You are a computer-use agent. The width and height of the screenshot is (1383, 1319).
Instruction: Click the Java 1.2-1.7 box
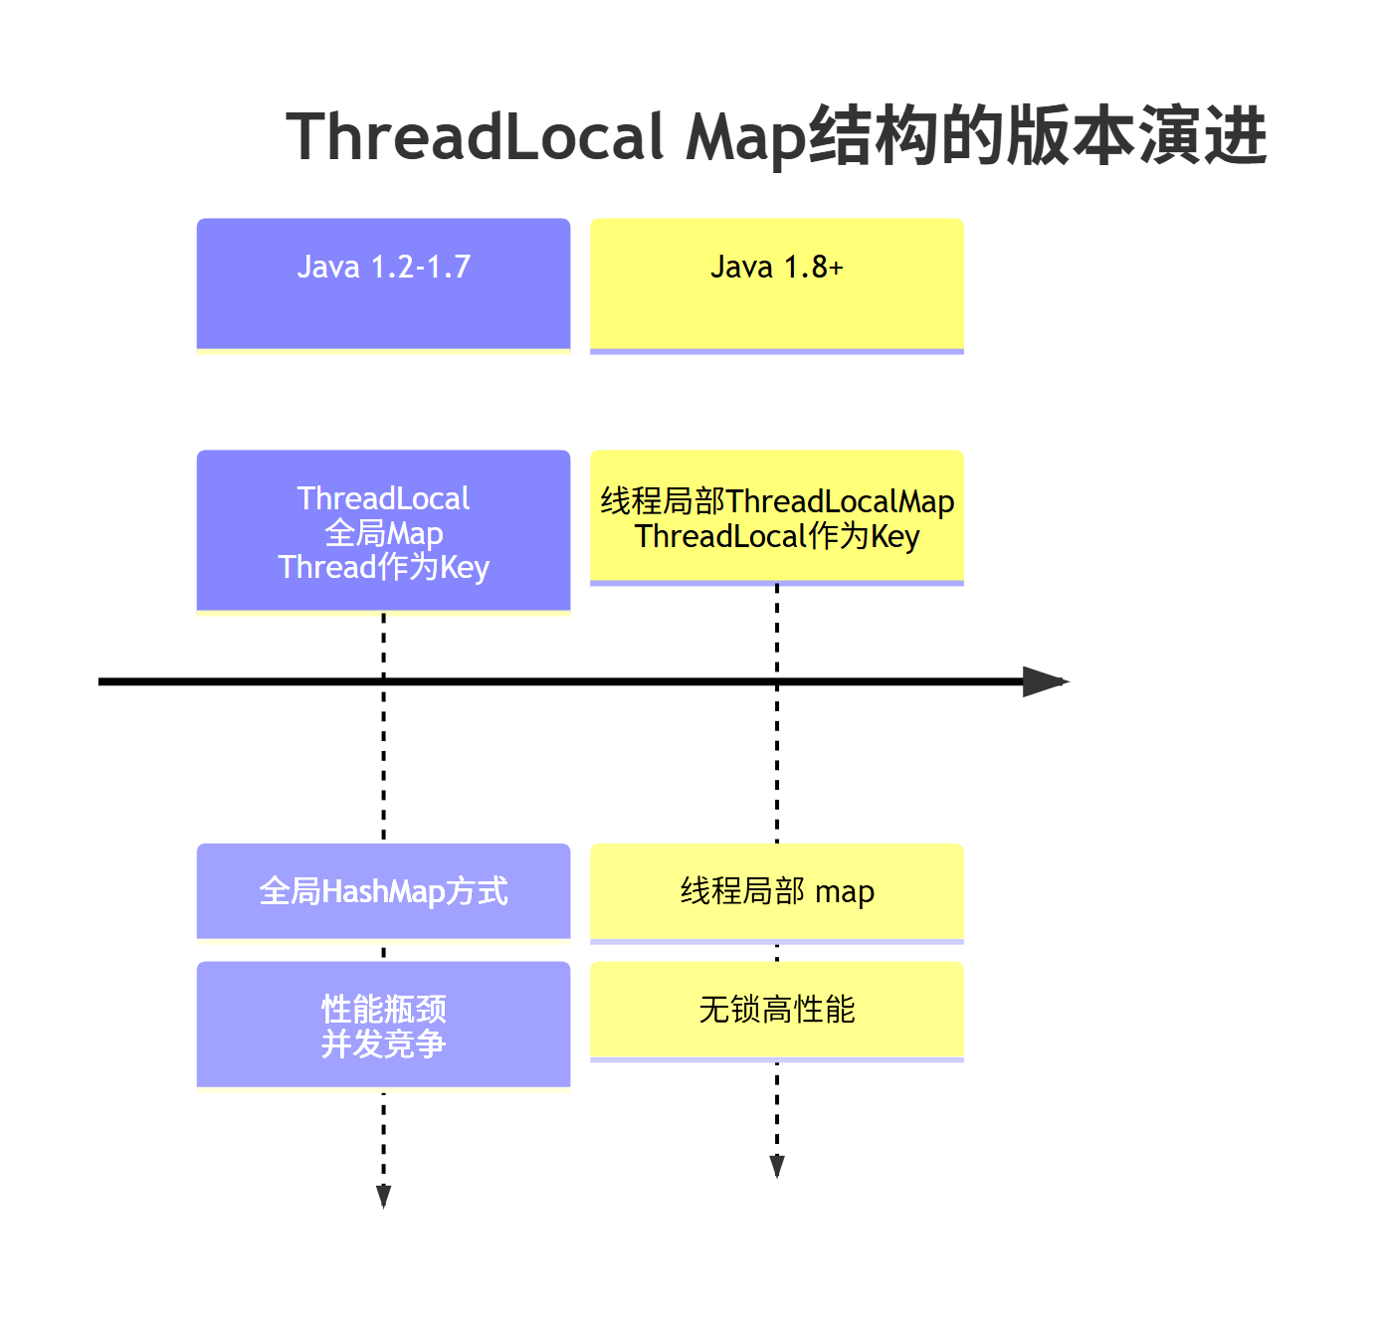click(x=383, y=284)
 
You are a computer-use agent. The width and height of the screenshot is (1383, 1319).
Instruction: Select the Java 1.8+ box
click(x=777, y=284)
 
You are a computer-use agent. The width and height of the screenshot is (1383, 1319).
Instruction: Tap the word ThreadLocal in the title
click(x=476, y=137)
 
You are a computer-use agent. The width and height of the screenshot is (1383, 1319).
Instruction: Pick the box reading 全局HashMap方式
click(x=383, y=891)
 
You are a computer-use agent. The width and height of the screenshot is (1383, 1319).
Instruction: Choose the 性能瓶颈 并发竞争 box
click(x=383, y=1026)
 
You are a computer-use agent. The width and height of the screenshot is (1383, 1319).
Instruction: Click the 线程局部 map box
click(x=777, y=891)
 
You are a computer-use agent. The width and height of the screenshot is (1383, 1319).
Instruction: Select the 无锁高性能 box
click(x=777, y=1010)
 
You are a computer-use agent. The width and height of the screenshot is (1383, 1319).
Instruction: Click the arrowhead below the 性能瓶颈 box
click(x=383, y=1196)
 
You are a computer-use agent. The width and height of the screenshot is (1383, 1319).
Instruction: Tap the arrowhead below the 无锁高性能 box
click(x=777, y=1166)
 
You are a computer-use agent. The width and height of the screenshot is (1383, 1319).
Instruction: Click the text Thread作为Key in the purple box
click(x=383, y=568)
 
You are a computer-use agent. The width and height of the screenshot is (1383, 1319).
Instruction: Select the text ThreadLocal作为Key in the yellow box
click(x=777, y=537)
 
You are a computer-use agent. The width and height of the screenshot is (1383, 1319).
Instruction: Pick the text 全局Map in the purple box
click(x=383, y=533)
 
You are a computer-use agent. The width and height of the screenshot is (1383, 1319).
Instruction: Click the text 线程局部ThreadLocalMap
click(x=777, y=501)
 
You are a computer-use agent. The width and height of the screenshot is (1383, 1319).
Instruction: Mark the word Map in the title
click(x=746, y=137)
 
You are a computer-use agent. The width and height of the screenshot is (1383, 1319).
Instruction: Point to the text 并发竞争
click(x=383, y=1044)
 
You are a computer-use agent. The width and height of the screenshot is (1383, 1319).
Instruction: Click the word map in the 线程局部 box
click(x=845, y=892)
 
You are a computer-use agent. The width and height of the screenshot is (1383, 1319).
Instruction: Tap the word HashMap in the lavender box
click(x=383, y=891)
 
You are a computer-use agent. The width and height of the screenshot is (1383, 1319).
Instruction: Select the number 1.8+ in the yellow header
click(x=813, y=267)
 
